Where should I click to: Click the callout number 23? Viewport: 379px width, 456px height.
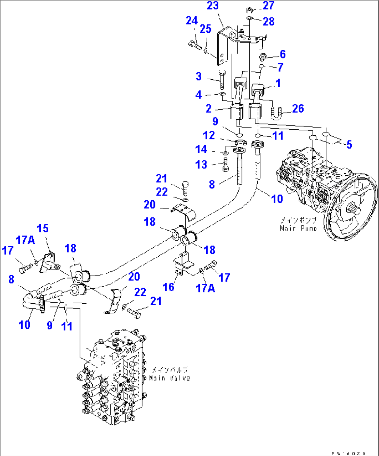pos(212,6)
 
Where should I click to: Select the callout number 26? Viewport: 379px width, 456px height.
pos(298,109)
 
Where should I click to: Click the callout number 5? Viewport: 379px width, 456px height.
pos(349,144)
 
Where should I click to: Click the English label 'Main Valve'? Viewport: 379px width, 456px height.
pos(170,378)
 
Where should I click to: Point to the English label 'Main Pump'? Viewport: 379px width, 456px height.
pos(298,228)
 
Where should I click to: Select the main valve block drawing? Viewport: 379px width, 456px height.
pos(111,379)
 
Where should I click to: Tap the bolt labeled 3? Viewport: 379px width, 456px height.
pos(223,80)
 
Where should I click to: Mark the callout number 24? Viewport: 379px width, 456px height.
pos(192,21)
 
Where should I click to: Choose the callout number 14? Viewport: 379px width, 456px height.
pos(201,150)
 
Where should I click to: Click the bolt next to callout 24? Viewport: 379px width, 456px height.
pos(194,45)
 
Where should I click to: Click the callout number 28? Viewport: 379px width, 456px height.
pos(269,22)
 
